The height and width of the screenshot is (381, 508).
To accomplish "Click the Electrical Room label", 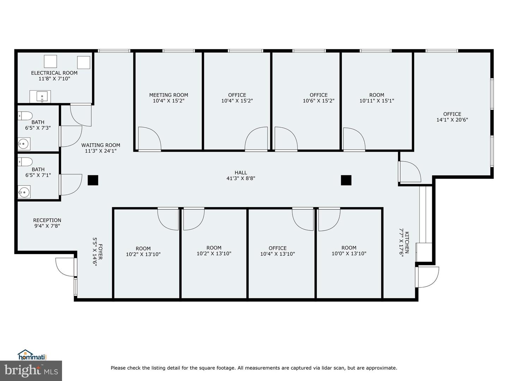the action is click(x=54, y=73).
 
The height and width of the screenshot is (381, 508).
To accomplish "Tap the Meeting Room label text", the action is click(x=169, y=95).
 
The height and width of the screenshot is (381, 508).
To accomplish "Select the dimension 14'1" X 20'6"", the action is click(x=452, y=120).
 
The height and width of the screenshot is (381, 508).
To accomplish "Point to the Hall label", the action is click(x=241, y=173).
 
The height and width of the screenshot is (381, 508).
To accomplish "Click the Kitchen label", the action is click(x=407, y=242).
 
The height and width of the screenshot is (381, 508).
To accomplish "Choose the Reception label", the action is click(x=47, y=220).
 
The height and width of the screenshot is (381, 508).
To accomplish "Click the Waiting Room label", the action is click(x=101, y=145).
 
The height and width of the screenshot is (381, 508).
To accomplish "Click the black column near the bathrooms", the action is click(x=93, y=180).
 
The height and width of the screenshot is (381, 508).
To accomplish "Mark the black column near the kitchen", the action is click(x=346, y=180).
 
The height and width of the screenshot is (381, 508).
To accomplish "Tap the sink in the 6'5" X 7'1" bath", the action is click(x=24, y=192).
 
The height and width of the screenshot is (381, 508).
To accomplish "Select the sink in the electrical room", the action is click(x=42, y=96).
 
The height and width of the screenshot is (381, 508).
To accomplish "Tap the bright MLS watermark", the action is click(x=31, y=371).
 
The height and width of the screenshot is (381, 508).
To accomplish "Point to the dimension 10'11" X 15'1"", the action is click(x=376, y=101).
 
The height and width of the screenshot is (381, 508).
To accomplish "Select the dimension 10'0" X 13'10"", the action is click(x=349, y=254).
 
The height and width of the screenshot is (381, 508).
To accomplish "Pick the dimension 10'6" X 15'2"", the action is click(x=319, y=101).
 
